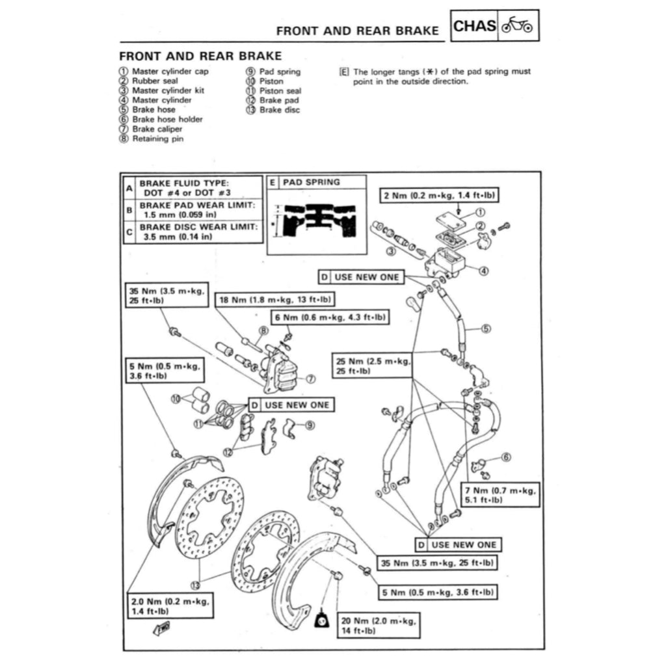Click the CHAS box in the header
pos(475,26)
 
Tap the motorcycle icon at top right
pos(518,26)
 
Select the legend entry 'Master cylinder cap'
pos(170,72)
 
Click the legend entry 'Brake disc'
pos(279,110)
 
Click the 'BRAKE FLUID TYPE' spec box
pos(193,188)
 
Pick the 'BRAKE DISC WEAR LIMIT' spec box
pos(193,231)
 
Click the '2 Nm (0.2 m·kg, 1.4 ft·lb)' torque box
pos(434,195)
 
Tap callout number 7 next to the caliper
pos(310,378)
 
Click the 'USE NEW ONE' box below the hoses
pos(458,544)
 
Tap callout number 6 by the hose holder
pos(506,457)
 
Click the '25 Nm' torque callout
pos(371,366)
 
